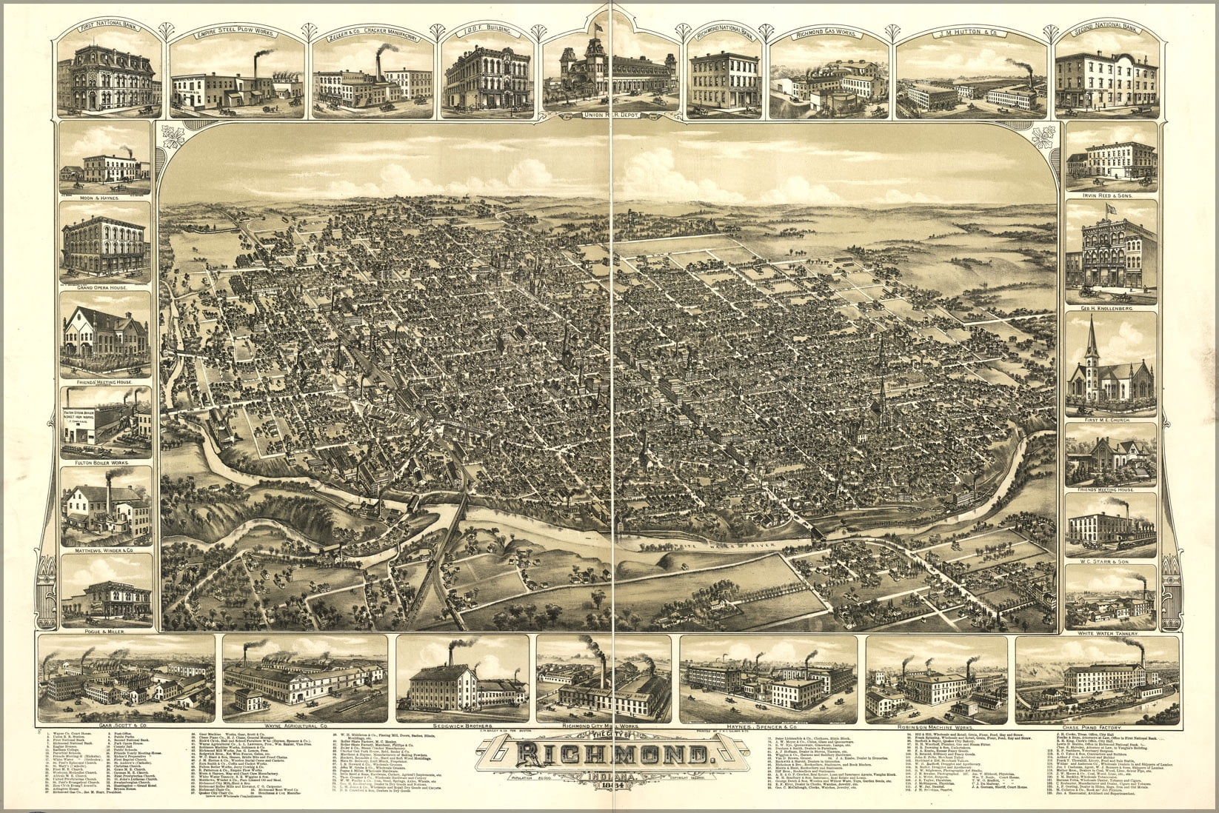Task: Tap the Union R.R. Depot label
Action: pos(610,115)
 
